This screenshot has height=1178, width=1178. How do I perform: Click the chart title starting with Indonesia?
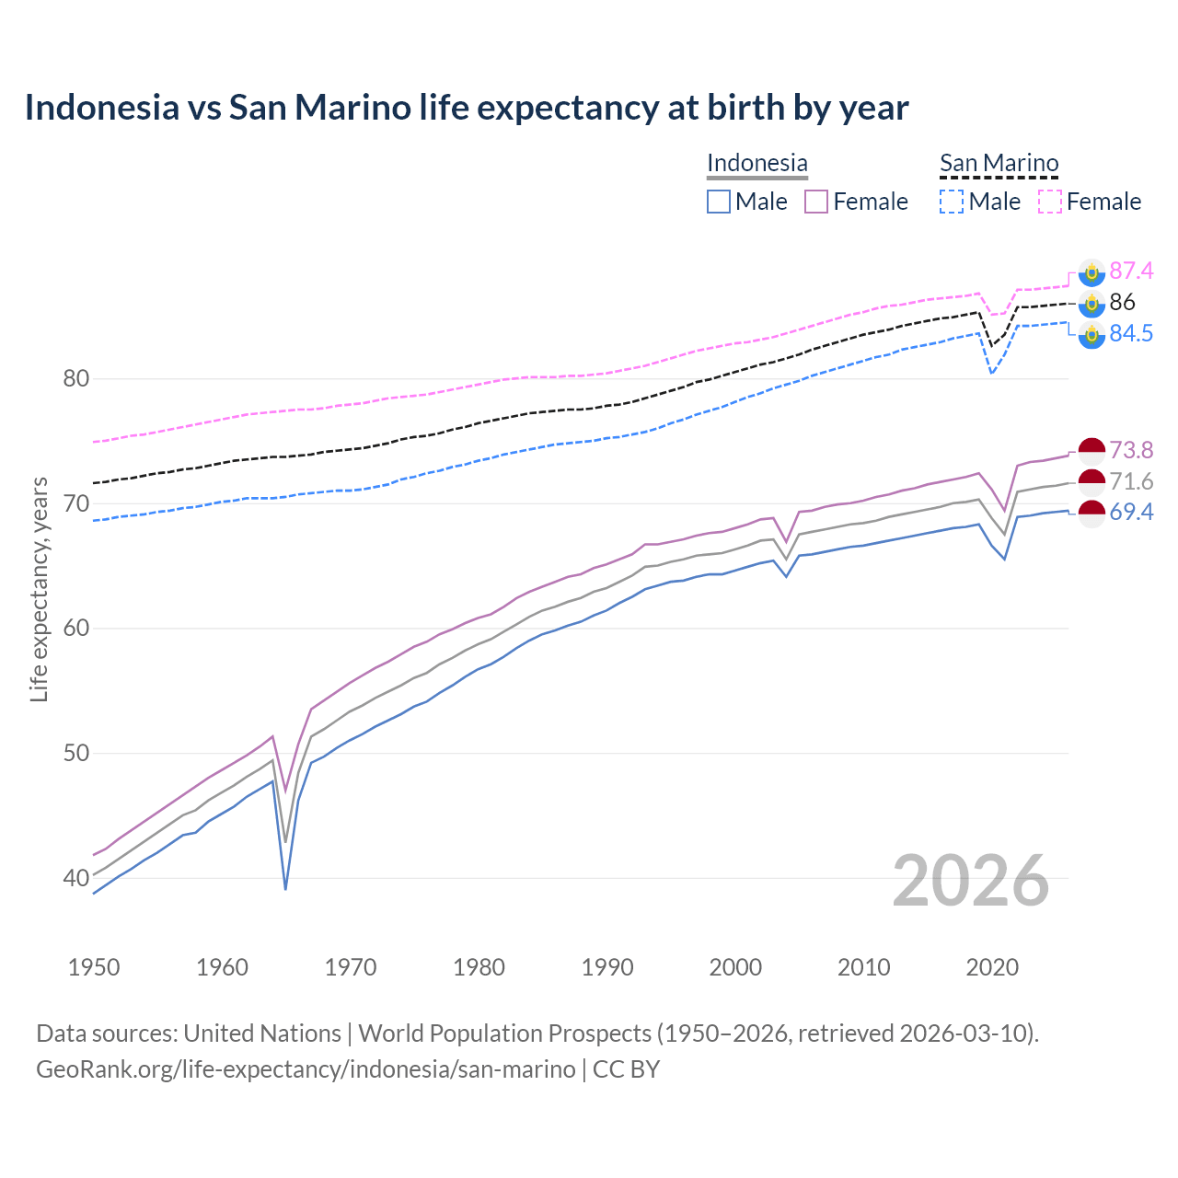[x=466, y=108]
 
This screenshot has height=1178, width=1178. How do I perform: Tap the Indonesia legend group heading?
[x=756, y=163]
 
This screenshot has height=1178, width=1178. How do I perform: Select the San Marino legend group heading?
[x=999, y=163]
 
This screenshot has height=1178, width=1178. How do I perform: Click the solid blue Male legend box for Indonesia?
[x=719, y=202]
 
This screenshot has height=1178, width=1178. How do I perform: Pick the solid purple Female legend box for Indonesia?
[x=816, y=202]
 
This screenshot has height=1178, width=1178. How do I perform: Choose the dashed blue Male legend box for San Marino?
[x=952, y=202]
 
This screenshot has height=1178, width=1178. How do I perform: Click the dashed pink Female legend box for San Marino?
[x=1050, y=202]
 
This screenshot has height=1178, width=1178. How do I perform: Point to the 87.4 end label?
[x=1131, y=271]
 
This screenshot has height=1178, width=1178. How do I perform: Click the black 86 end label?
[x=1122, y=302]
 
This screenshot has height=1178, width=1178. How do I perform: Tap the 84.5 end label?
[x=1131, y=333]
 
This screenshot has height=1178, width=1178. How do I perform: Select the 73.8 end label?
[x=1131, y=450]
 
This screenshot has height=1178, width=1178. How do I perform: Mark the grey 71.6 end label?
[x=1131, y=481]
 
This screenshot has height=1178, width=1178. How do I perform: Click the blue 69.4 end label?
[x=1131, y=512]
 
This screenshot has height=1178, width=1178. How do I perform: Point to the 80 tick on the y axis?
[x=76, y=378]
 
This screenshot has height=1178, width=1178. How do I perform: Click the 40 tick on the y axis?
[x=76, y=878]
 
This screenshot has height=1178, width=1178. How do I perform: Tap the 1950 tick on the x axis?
[x=94, y=967]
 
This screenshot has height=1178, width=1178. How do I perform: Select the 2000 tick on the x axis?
[x=735, y=967]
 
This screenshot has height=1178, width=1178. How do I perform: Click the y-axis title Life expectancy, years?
[x=39, y=589]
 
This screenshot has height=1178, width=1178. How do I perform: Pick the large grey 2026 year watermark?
[x=970, y=881]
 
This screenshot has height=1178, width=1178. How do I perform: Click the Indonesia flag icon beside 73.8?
[x=1091, y=450]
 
